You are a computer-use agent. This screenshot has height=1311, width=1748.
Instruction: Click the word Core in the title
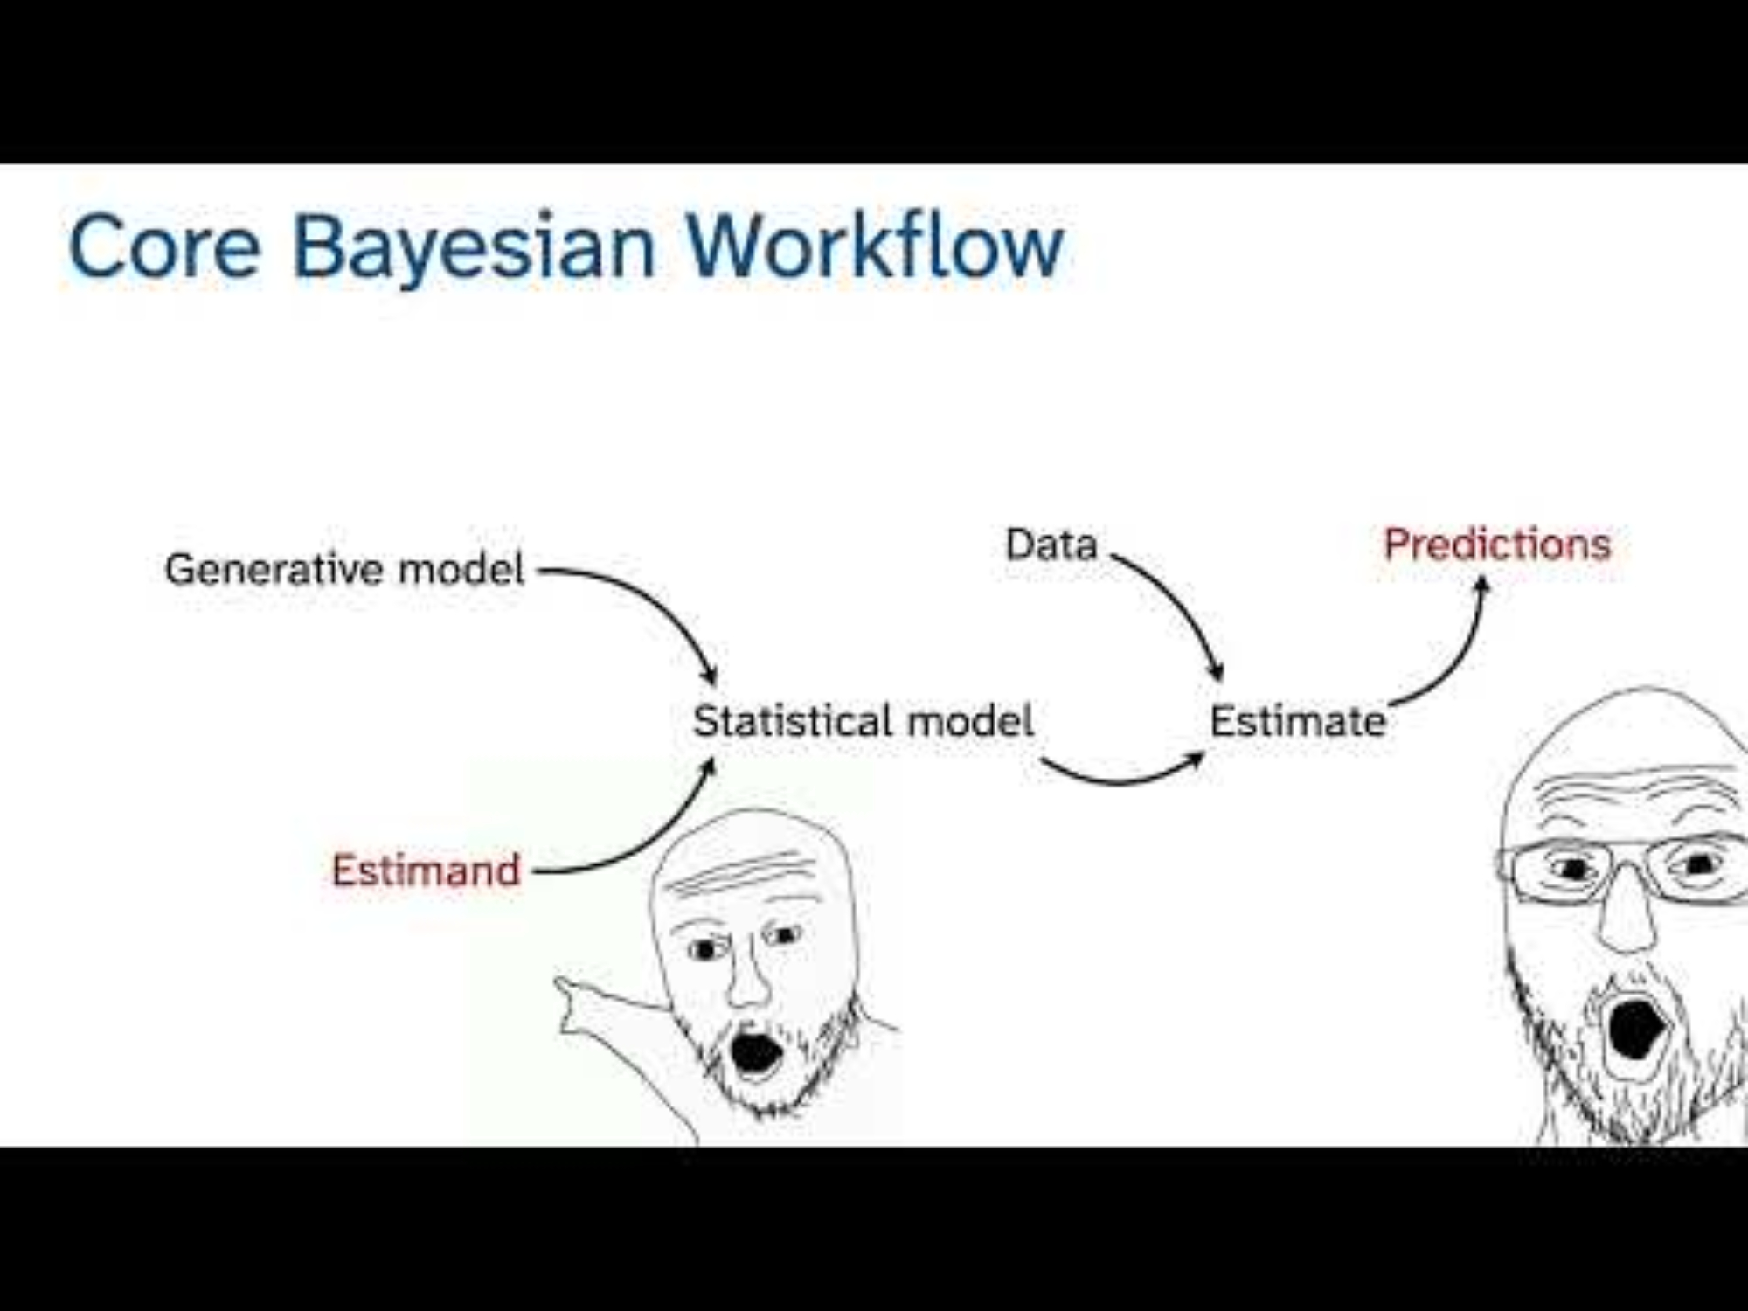(165, 246)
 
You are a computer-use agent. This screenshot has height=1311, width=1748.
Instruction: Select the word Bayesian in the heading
(474, 249)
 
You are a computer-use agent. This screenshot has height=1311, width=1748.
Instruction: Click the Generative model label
(344, 569)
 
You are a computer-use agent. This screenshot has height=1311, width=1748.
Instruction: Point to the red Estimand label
(426, 871)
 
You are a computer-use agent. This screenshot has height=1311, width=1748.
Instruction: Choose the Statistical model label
(864, 721)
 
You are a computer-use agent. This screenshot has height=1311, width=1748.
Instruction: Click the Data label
(1051, 545)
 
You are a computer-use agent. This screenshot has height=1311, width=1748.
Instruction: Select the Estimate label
(1298, 722)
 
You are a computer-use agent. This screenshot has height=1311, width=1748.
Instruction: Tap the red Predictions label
(1497, 545)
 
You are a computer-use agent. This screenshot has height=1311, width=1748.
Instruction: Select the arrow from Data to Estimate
(1180, 603)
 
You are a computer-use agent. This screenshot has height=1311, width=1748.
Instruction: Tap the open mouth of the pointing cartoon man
(755, 1054)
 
